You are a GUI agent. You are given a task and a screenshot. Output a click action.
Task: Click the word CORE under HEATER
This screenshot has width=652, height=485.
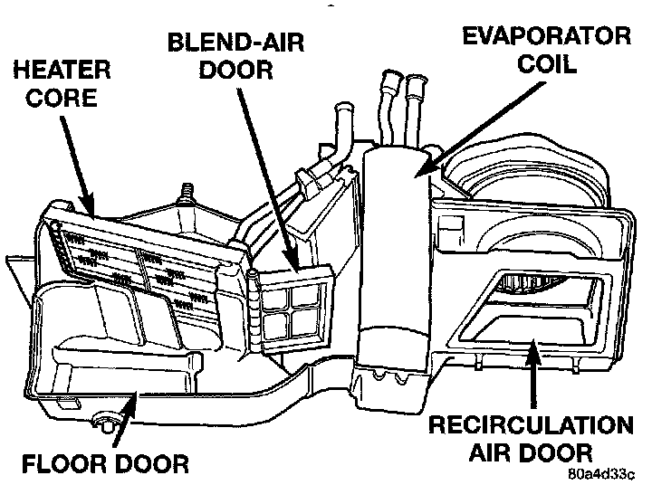[x=60, y=97]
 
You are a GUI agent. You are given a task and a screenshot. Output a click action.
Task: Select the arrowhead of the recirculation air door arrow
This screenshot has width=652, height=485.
[x=535, y=341]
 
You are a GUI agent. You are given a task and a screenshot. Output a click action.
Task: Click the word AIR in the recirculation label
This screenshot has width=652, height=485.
[x=487, y=452]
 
